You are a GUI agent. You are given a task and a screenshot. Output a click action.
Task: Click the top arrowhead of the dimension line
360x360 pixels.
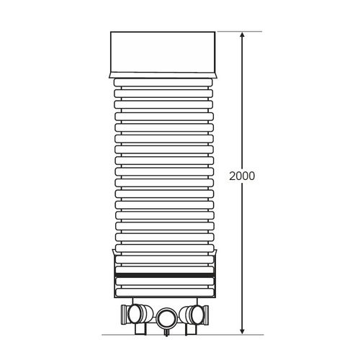tap(243, 36)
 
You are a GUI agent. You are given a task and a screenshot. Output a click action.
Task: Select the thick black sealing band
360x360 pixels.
tap(164, 276)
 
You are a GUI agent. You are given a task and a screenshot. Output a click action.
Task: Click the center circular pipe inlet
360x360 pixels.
tap(166, 316)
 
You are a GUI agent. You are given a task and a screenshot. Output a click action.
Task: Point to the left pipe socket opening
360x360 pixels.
tap(135, 314)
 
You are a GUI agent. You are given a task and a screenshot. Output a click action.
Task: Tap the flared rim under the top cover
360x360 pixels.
tap(164, 75)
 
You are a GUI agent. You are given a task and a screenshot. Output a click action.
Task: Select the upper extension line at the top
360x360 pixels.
tap(230, 32)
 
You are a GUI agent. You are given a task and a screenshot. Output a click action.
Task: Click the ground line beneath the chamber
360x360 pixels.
tap(180, 335)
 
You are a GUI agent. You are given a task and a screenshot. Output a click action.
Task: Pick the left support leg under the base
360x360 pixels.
tap(139, 330)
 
